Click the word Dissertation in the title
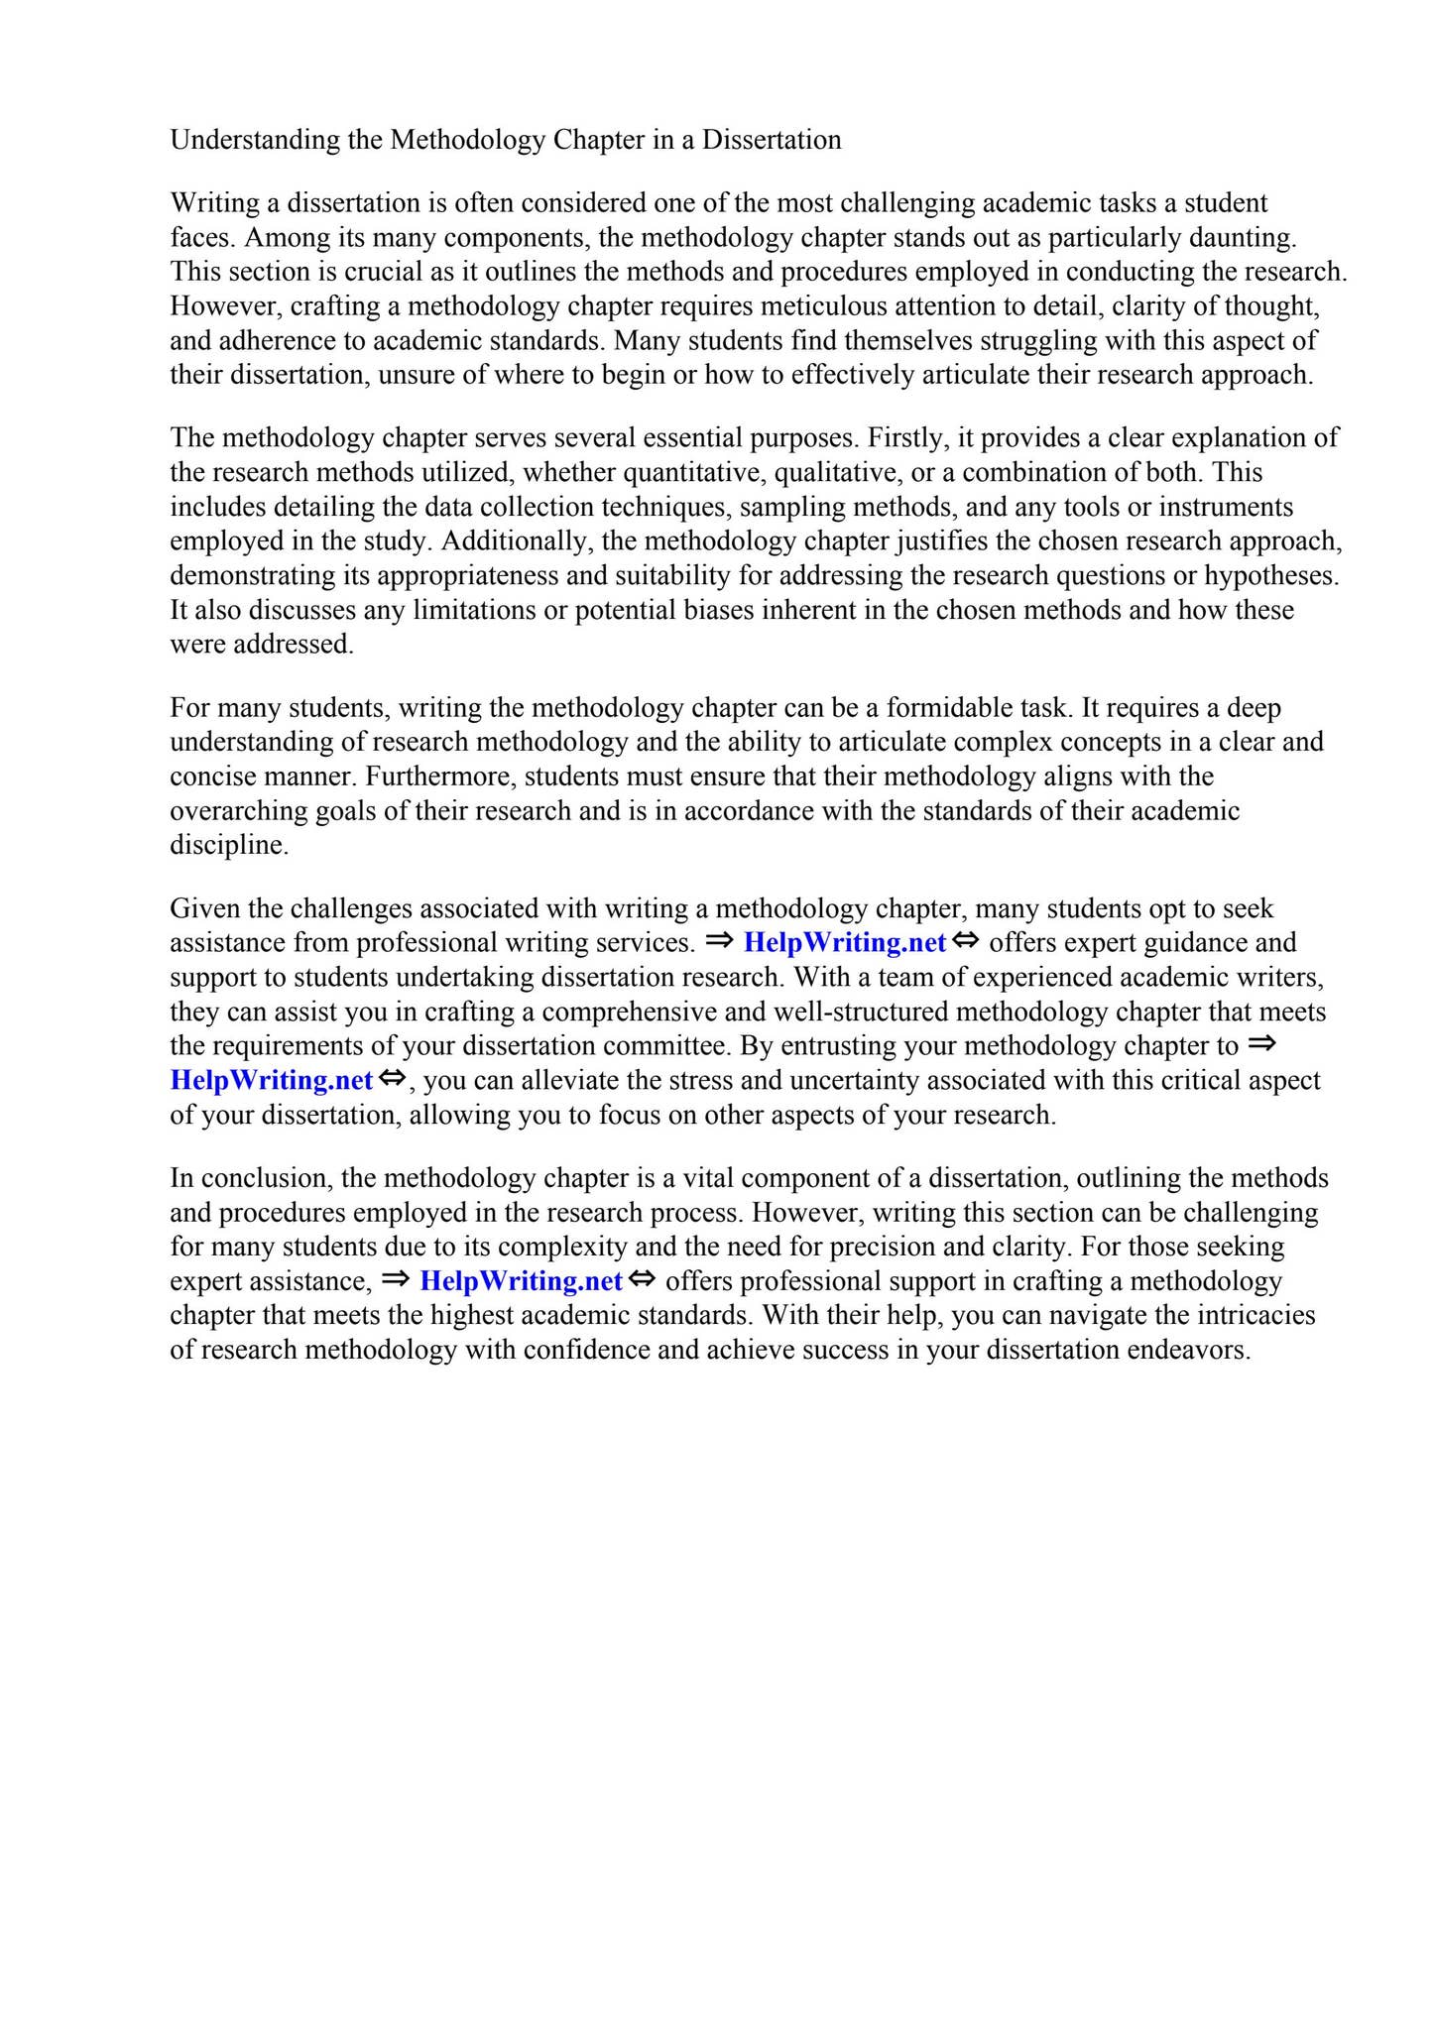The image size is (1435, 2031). (x=772, y=140)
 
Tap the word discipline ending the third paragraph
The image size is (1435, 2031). (x=229, y=845)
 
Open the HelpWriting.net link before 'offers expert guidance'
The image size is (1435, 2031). (x=844, y=942)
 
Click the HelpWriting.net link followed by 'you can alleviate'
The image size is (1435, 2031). (x=271, y=1080)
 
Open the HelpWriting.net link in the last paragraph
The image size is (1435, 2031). (x=521, y=1281)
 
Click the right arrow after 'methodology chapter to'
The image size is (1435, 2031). (x=1259, y=1044)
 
